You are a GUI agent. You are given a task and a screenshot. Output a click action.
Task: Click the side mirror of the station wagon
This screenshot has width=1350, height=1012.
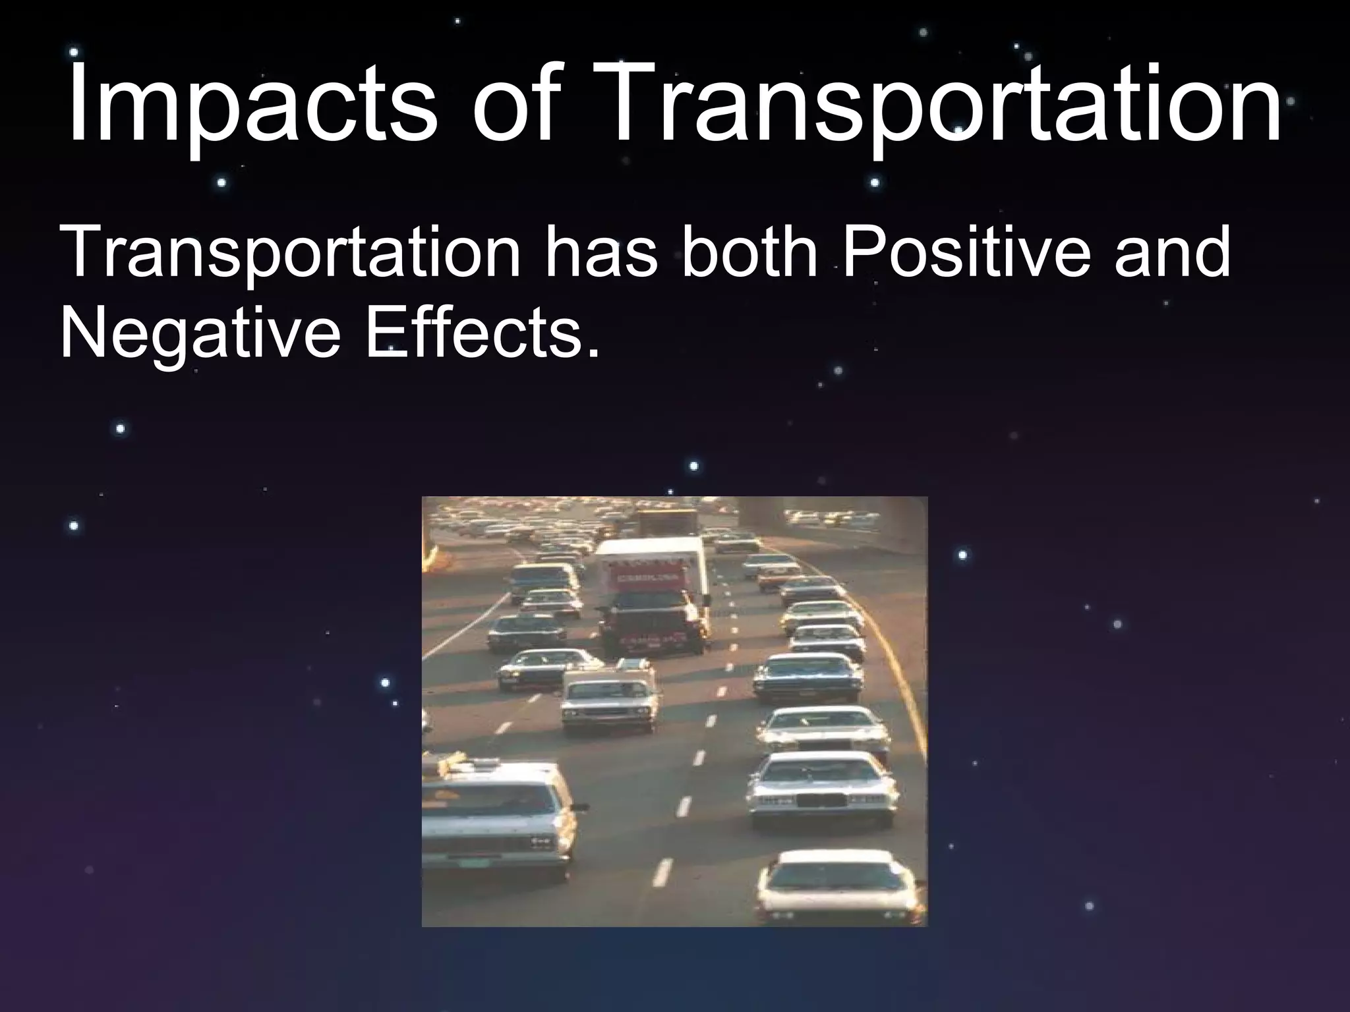[x=579, y=806]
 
